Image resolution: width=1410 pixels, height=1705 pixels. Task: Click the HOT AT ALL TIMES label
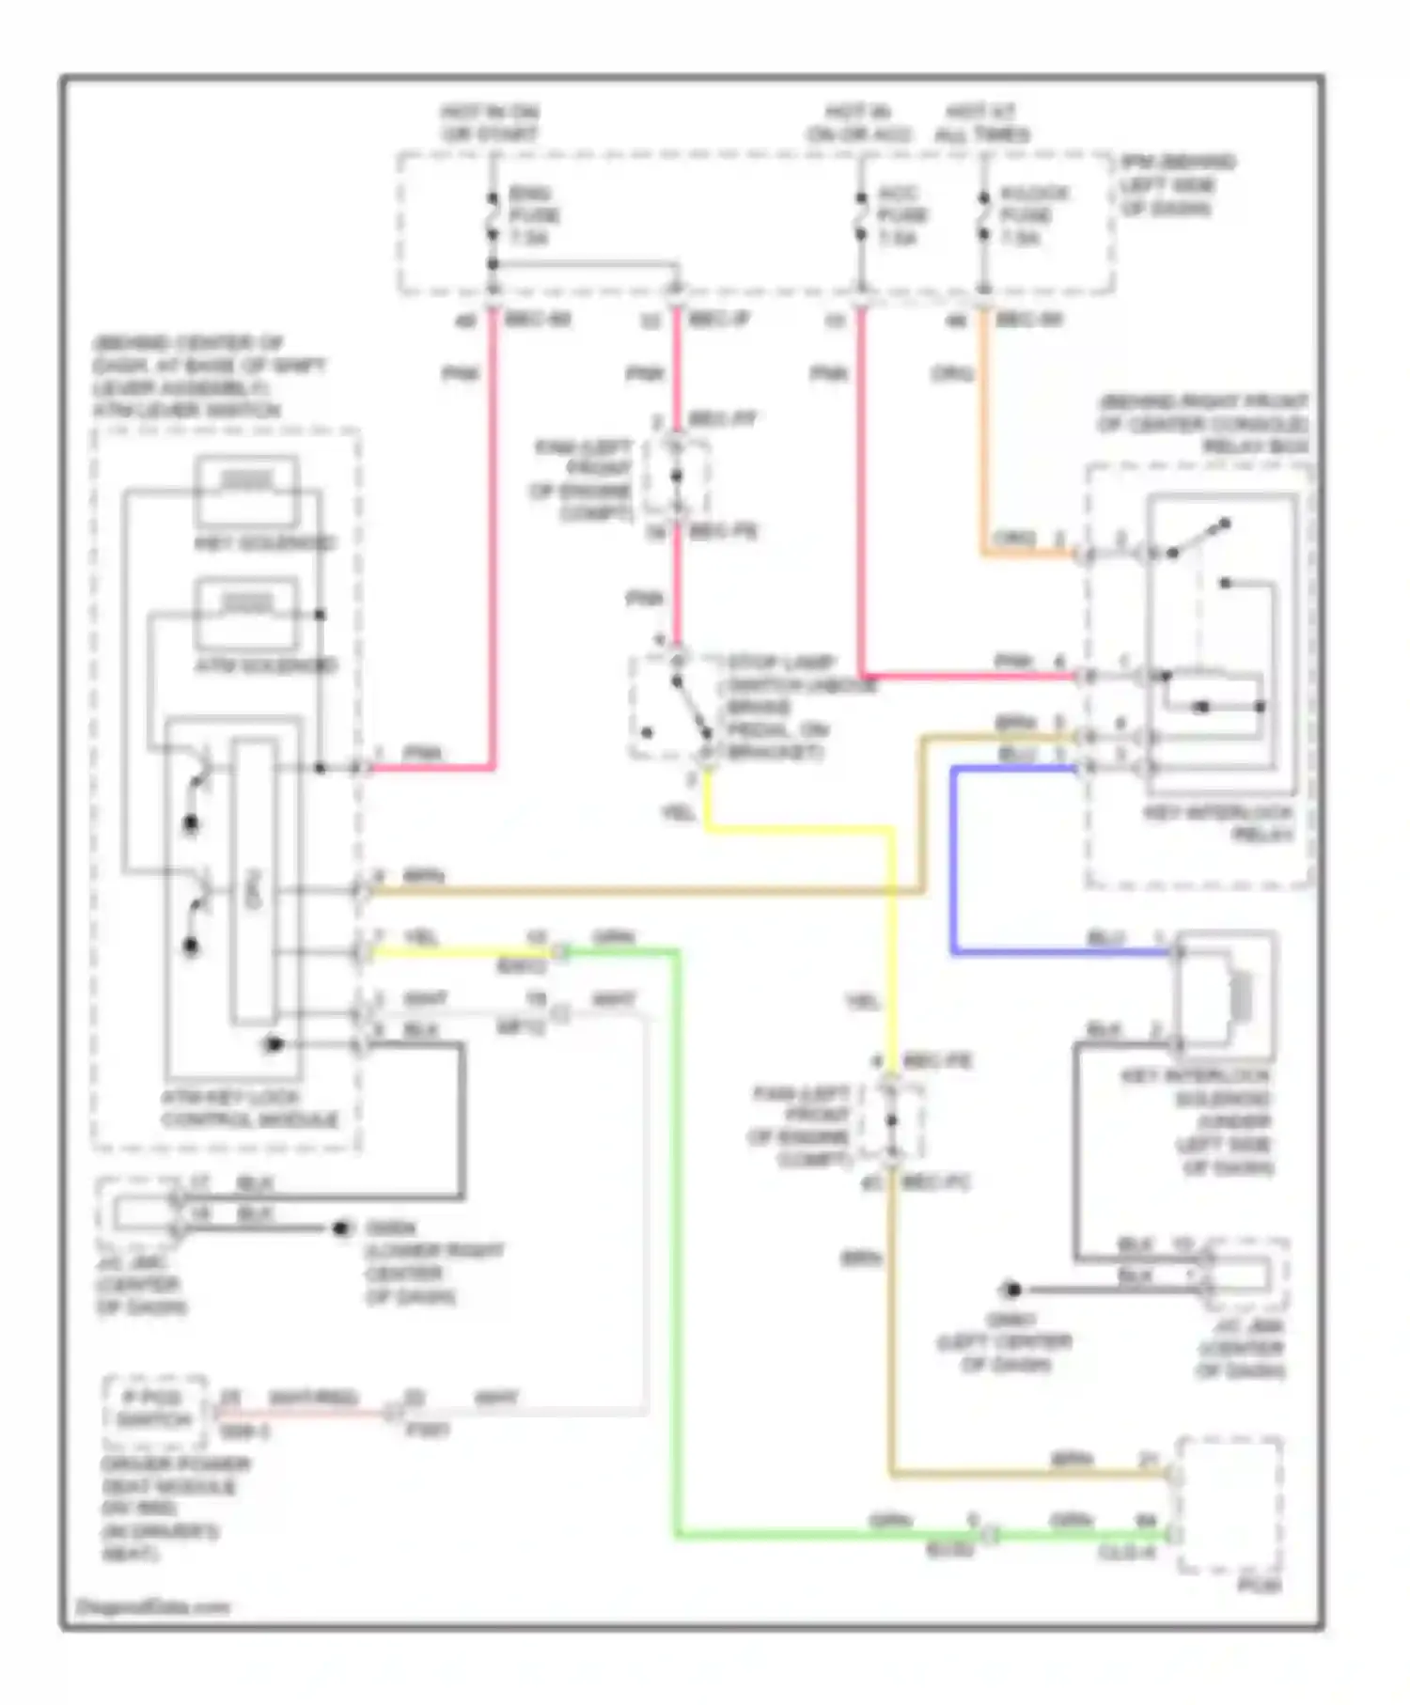(982, 123)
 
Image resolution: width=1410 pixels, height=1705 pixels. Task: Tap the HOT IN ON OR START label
(490, 123)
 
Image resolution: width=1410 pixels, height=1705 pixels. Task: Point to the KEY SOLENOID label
(265, 543)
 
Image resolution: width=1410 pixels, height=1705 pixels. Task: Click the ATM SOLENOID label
(265, 665)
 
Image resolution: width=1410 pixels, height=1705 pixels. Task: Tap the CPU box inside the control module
(254, 884)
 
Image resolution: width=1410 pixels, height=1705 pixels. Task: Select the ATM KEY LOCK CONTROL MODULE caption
(249, 1108)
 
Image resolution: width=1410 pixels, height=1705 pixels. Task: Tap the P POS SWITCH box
(155, 1409)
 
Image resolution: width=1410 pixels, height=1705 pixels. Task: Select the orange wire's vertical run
(984, 432)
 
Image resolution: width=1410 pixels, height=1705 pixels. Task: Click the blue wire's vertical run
(953, 860)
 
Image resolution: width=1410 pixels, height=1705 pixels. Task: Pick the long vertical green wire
(677, 1241)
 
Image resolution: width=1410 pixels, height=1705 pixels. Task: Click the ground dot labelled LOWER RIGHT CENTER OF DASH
(342, 1228)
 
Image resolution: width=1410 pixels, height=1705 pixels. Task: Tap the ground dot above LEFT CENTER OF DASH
(1011, 1290)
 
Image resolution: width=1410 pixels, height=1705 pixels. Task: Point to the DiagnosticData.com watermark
(153, 1606)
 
